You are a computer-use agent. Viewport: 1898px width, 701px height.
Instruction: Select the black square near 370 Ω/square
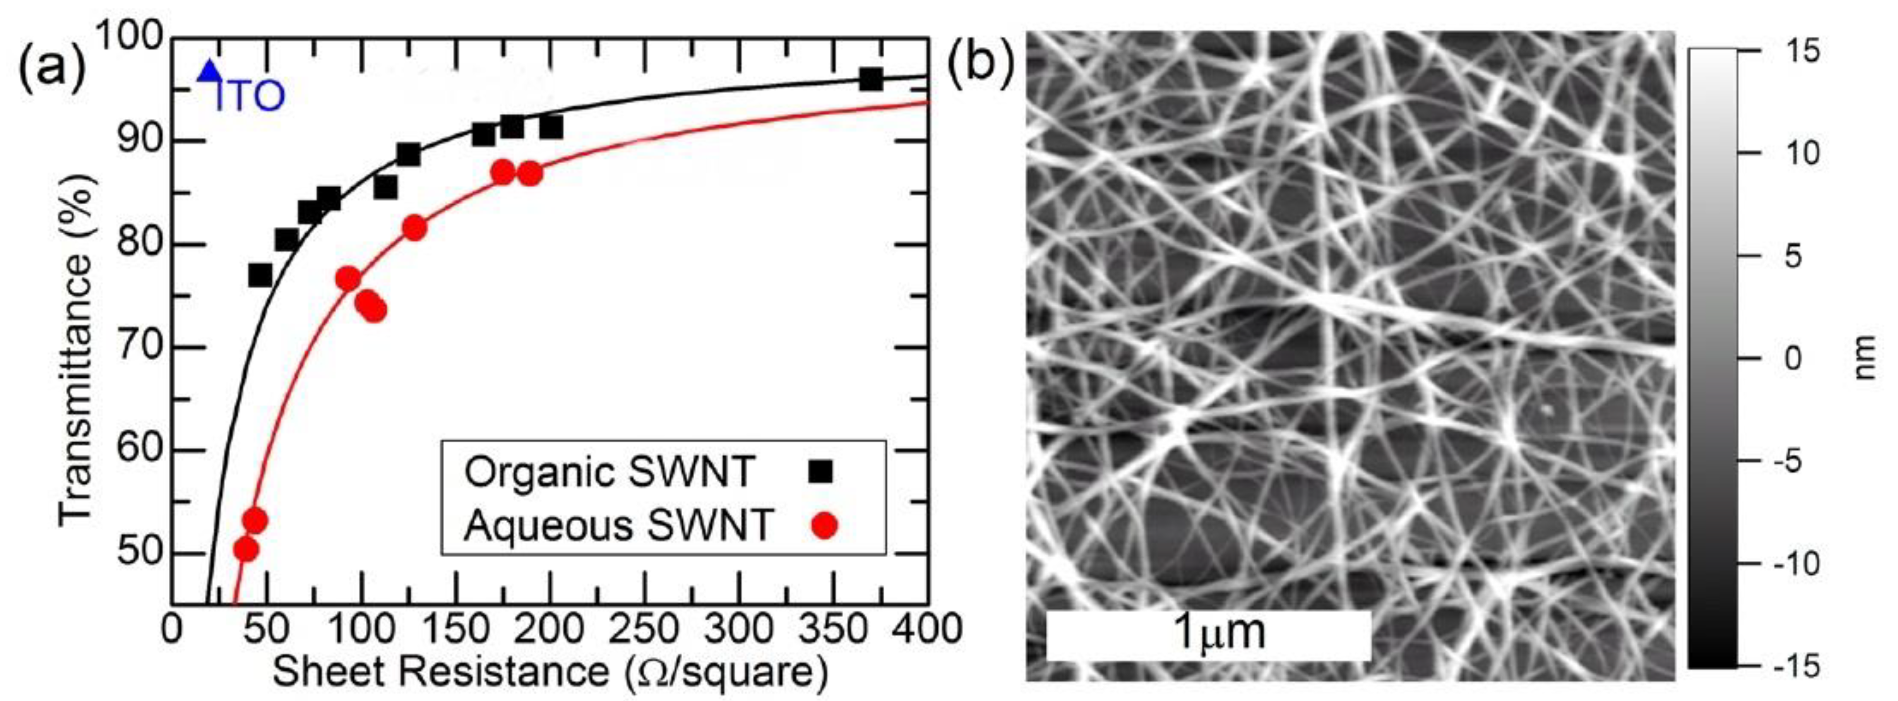tap(870, 79)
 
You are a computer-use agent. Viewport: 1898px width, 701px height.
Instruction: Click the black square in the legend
tap(820, 471)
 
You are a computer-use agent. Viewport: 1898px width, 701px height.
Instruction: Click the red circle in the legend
tap(825, 525)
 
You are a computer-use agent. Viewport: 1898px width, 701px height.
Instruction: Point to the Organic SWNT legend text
tap(610, 472)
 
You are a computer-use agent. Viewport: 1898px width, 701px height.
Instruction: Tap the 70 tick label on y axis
tap(140, 348)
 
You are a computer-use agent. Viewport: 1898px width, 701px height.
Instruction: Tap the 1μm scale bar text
tap(1217, 632)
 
